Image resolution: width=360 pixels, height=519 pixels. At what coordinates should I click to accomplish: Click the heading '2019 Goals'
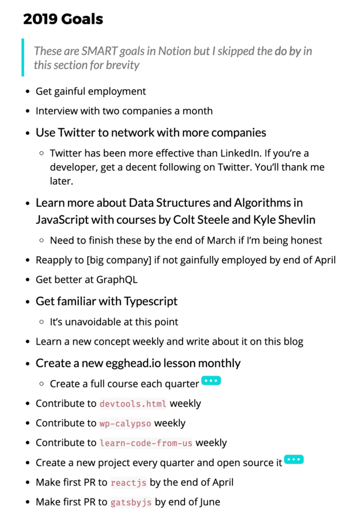point(63,19)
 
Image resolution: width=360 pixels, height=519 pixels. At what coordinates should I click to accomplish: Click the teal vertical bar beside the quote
point(23,58)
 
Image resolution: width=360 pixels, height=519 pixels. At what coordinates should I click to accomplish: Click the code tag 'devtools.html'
point(133,404)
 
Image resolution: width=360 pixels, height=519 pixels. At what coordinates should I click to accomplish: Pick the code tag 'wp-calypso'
point(125,423)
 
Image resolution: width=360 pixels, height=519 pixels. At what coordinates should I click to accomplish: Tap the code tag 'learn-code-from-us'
point(146,443)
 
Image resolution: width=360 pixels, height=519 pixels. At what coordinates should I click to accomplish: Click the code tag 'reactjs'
point(128,483)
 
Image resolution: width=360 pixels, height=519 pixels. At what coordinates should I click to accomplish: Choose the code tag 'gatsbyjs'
point(131,503)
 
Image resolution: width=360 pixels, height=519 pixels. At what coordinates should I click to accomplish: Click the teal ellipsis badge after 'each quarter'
point(211,381)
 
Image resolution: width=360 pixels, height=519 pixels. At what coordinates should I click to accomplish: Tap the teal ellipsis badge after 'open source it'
point(294,459)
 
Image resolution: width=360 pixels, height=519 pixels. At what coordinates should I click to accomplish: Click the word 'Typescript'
point(151,302)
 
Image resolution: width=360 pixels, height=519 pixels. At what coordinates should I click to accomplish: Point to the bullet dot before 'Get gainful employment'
point(27,91)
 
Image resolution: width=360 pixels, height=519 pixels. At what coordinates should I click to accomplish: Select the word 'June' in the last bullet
point(209,503)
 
